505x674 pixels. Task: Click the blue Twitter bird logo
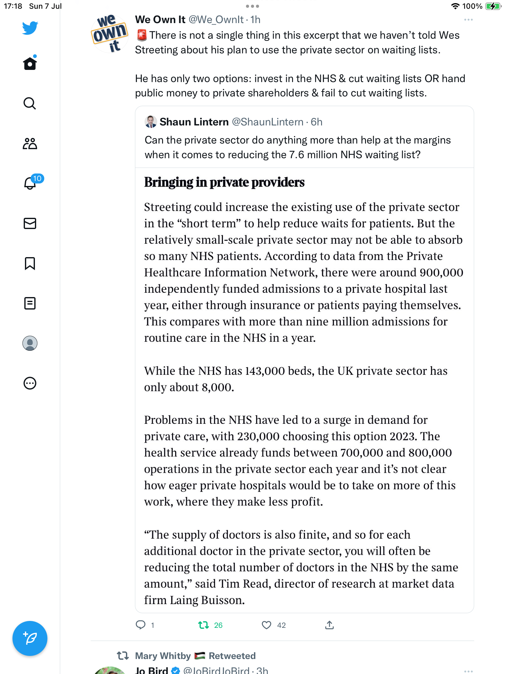tap(30, 28)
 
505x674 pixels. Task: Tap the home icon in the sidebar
tap(30, 63)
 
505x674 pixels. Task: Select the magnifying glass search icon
tap(30, 103)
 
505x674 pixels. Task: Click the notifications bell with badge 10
tap(30, 183)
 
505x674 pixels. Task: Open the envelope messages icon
tap(30, 223)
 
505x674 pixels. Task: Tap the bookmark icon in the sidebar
tap(30, 263)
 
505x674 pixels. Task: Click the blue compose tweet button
tap(30, 638)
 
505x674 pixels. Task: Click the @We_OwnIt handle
tap(216, 20)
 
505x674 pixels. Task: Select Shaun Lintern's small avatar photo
tap(151, 122)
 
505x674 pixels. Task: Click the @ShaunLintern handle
tap(267, 122)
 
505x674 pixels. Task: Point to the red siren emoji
tap(142, 35)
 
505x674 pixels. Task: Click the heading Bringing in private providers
tap(224, 182)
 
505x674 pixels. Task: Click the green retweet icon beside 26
tap(204, 625)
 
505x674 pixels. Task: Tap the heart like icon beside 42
tap(266, 625)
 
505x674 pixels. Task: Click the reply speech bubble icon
tap(141, 625)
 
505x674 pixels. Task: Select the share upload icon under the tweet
tap(329, 625)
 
